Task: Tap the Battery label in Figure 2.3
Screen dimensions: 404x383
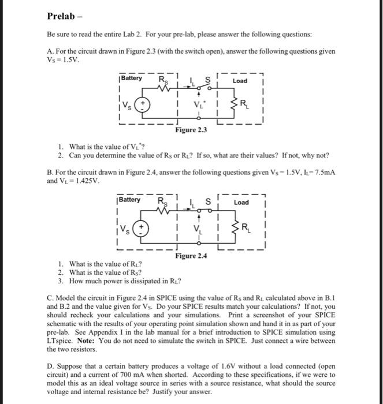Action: (x=131, y=78)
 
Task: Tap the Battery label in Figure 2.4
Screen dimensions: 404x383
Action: (x=129, y=200)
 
